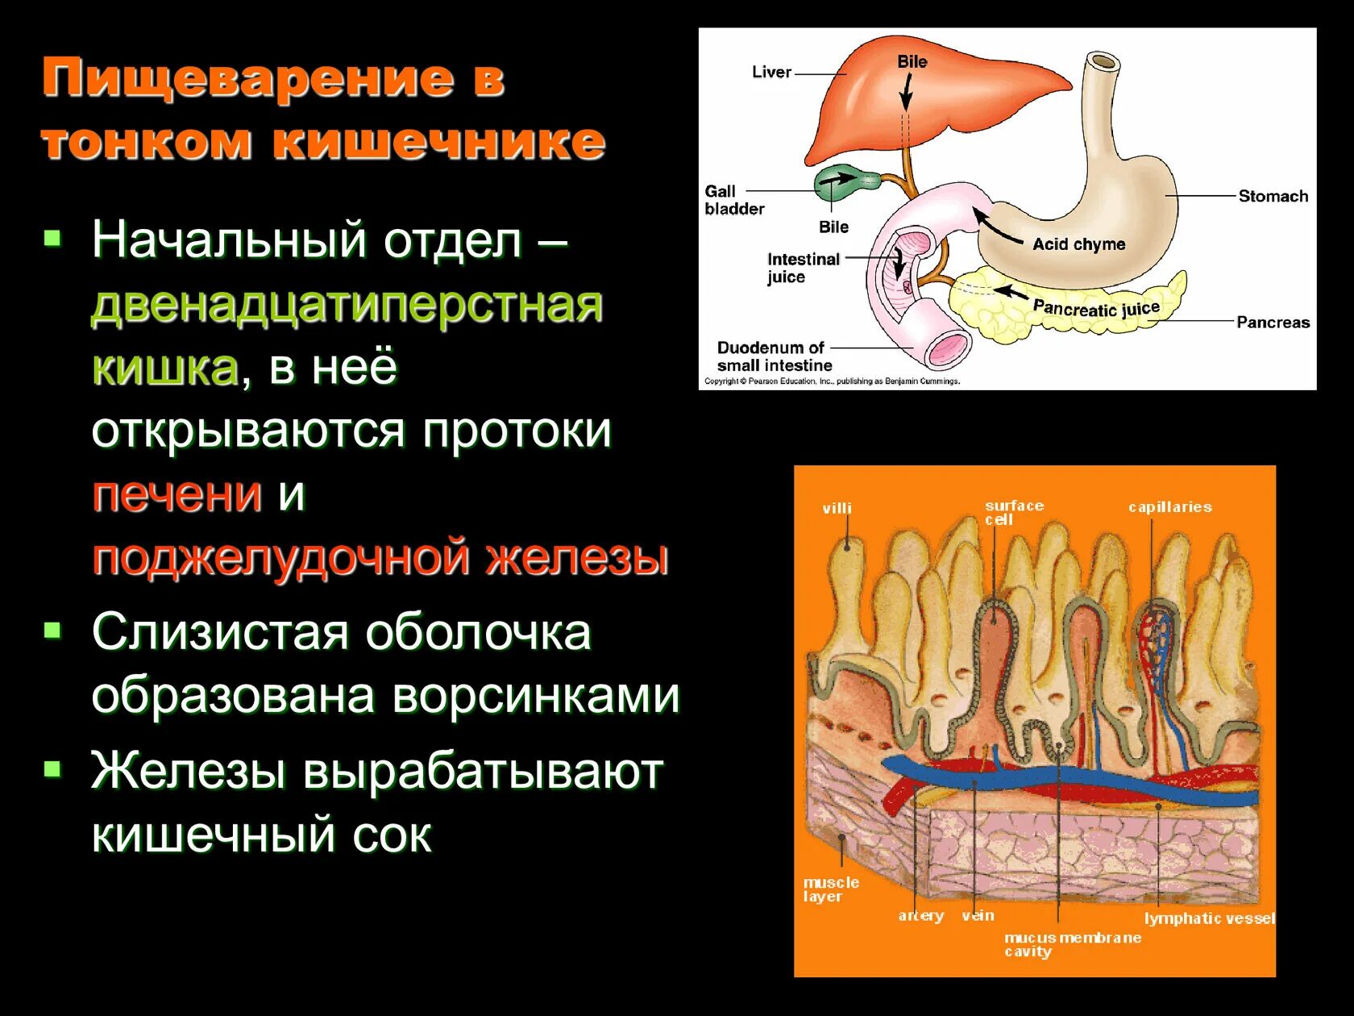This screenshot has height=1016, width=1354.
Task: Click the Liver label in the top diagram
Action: coord(771,73)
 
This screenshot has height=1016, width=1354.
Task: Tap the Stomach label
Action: coord(1273,196)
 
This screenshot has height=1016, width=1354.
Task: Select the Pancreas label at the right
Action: coord(1273,323)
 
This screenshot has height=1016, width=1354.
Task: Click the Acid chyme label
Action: coord(1078,244)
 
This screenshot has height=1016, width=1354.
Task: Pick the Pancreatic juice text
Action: coord(1096,308)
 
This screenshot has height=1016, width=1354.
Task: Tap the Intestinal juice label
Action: coord(802,268)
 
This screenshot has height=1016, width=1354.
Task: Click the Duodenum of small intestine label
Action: coord(774,356)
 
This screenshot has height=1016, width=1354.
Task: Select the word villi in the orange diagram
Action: coord(837,508)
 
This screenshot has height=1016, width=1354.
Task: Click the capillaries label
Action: coord(1169,507)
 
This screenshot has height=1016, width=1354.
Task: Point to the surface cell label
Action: coord(1013,512)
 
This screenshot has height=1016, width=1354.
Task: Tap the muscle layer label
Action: coord(830,889)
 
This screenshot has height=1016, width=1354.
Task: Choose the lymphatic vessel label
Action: coord(1209,918)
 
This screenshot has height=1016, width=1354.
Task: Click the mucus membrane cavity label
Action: coord(1072,944)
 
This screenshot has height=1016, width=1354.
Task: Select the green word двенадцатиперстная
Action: coord(347,305)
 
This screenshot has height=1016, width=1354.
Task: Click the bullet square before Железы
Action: coord(53,768)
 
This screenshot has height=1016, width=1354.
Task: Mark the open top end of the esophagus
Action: coord(1103,61)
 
